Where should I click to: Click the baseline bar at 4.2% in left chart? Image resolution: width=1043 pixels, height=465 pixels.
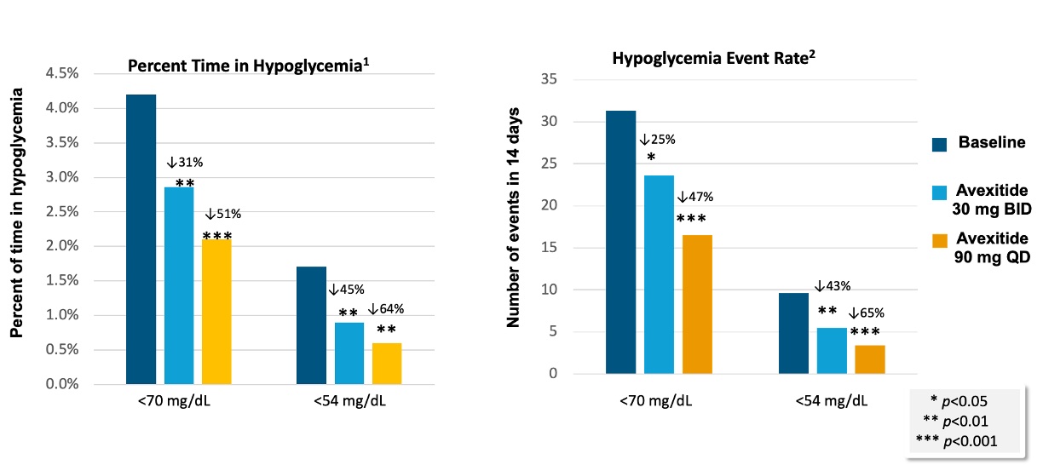[x=141, y=238]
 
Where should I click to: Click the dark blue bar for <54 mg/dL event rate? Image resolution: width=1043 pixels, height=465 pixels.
[x=793, y=333]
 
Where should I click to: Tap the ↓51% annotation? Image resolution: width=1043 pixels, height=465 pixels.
[x=223, y=215]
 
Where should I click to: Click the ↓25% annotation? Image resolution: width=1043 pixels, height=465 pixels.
[x=659, y=139]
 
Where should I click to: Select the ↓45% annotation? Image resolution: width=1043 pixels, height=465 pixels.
[x=346, y=290]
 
